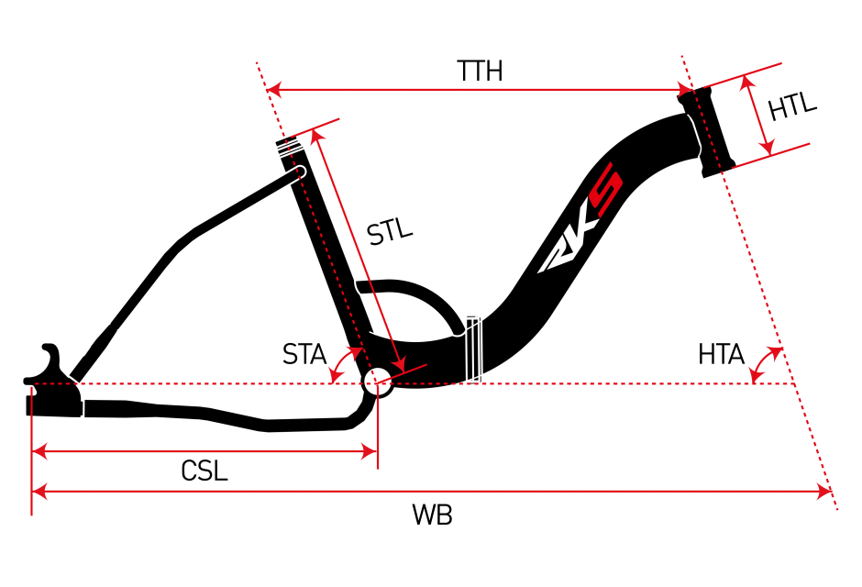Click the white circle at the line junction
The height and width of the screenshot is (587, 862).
pos(378,382)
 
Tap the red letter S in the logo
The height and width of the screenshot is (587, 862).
pos(606,189)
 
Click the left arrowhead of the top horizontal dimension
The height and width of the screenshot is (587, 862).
pos(273,90)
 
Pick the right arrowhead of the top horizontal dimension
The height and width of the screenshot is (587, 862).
pos(686,90)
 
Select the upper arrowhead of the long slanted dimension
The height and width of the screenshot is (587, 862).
pos(315,136)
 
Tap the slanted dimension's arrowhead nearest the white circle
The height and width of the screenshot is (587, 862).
pos(399,366)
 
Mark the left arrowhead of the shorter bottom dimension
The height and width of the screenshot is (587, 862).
pos(39,451)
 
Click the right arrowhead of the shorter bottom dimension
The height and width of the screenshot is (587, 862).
pos(370,451)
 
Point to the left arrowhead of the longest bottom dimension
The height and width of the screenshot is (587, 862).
pos(39,492)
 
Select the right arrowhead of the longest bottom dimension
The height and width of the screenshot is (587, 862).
pos(824,492)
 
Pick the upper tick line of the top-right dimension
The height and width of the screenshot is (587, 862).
pos(743,75)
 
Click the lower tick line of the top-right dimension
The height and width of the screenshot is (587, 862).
pos(771,156)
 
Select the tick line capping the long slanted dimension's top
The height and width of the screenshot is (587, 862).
pos(315,127)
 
